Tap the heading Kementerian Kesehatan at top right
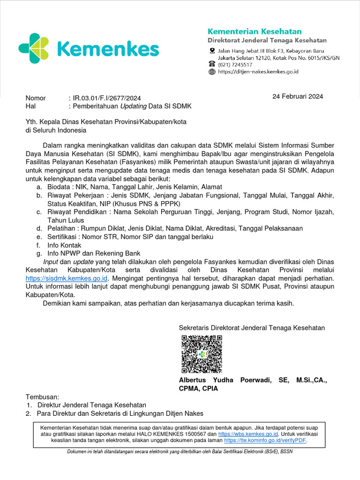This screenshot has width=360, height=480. [255, 31]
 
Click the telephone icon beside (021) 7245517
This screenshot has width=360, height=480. [212, 65]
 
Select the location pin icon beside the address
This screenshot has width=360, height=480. [212, 51]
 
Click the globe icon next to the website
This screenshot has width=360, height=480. [212, 72]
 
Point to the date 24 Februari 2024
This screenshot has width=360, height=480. [298, 97]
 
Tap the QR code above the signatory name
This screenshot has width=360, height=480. [202, 354]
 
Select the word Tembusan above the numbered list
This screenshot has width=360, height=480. [43, 396]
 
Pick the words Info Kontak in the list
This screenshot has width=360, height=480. [64, 245]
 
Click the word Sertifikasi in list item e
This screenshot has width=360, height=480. [63, 237]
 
